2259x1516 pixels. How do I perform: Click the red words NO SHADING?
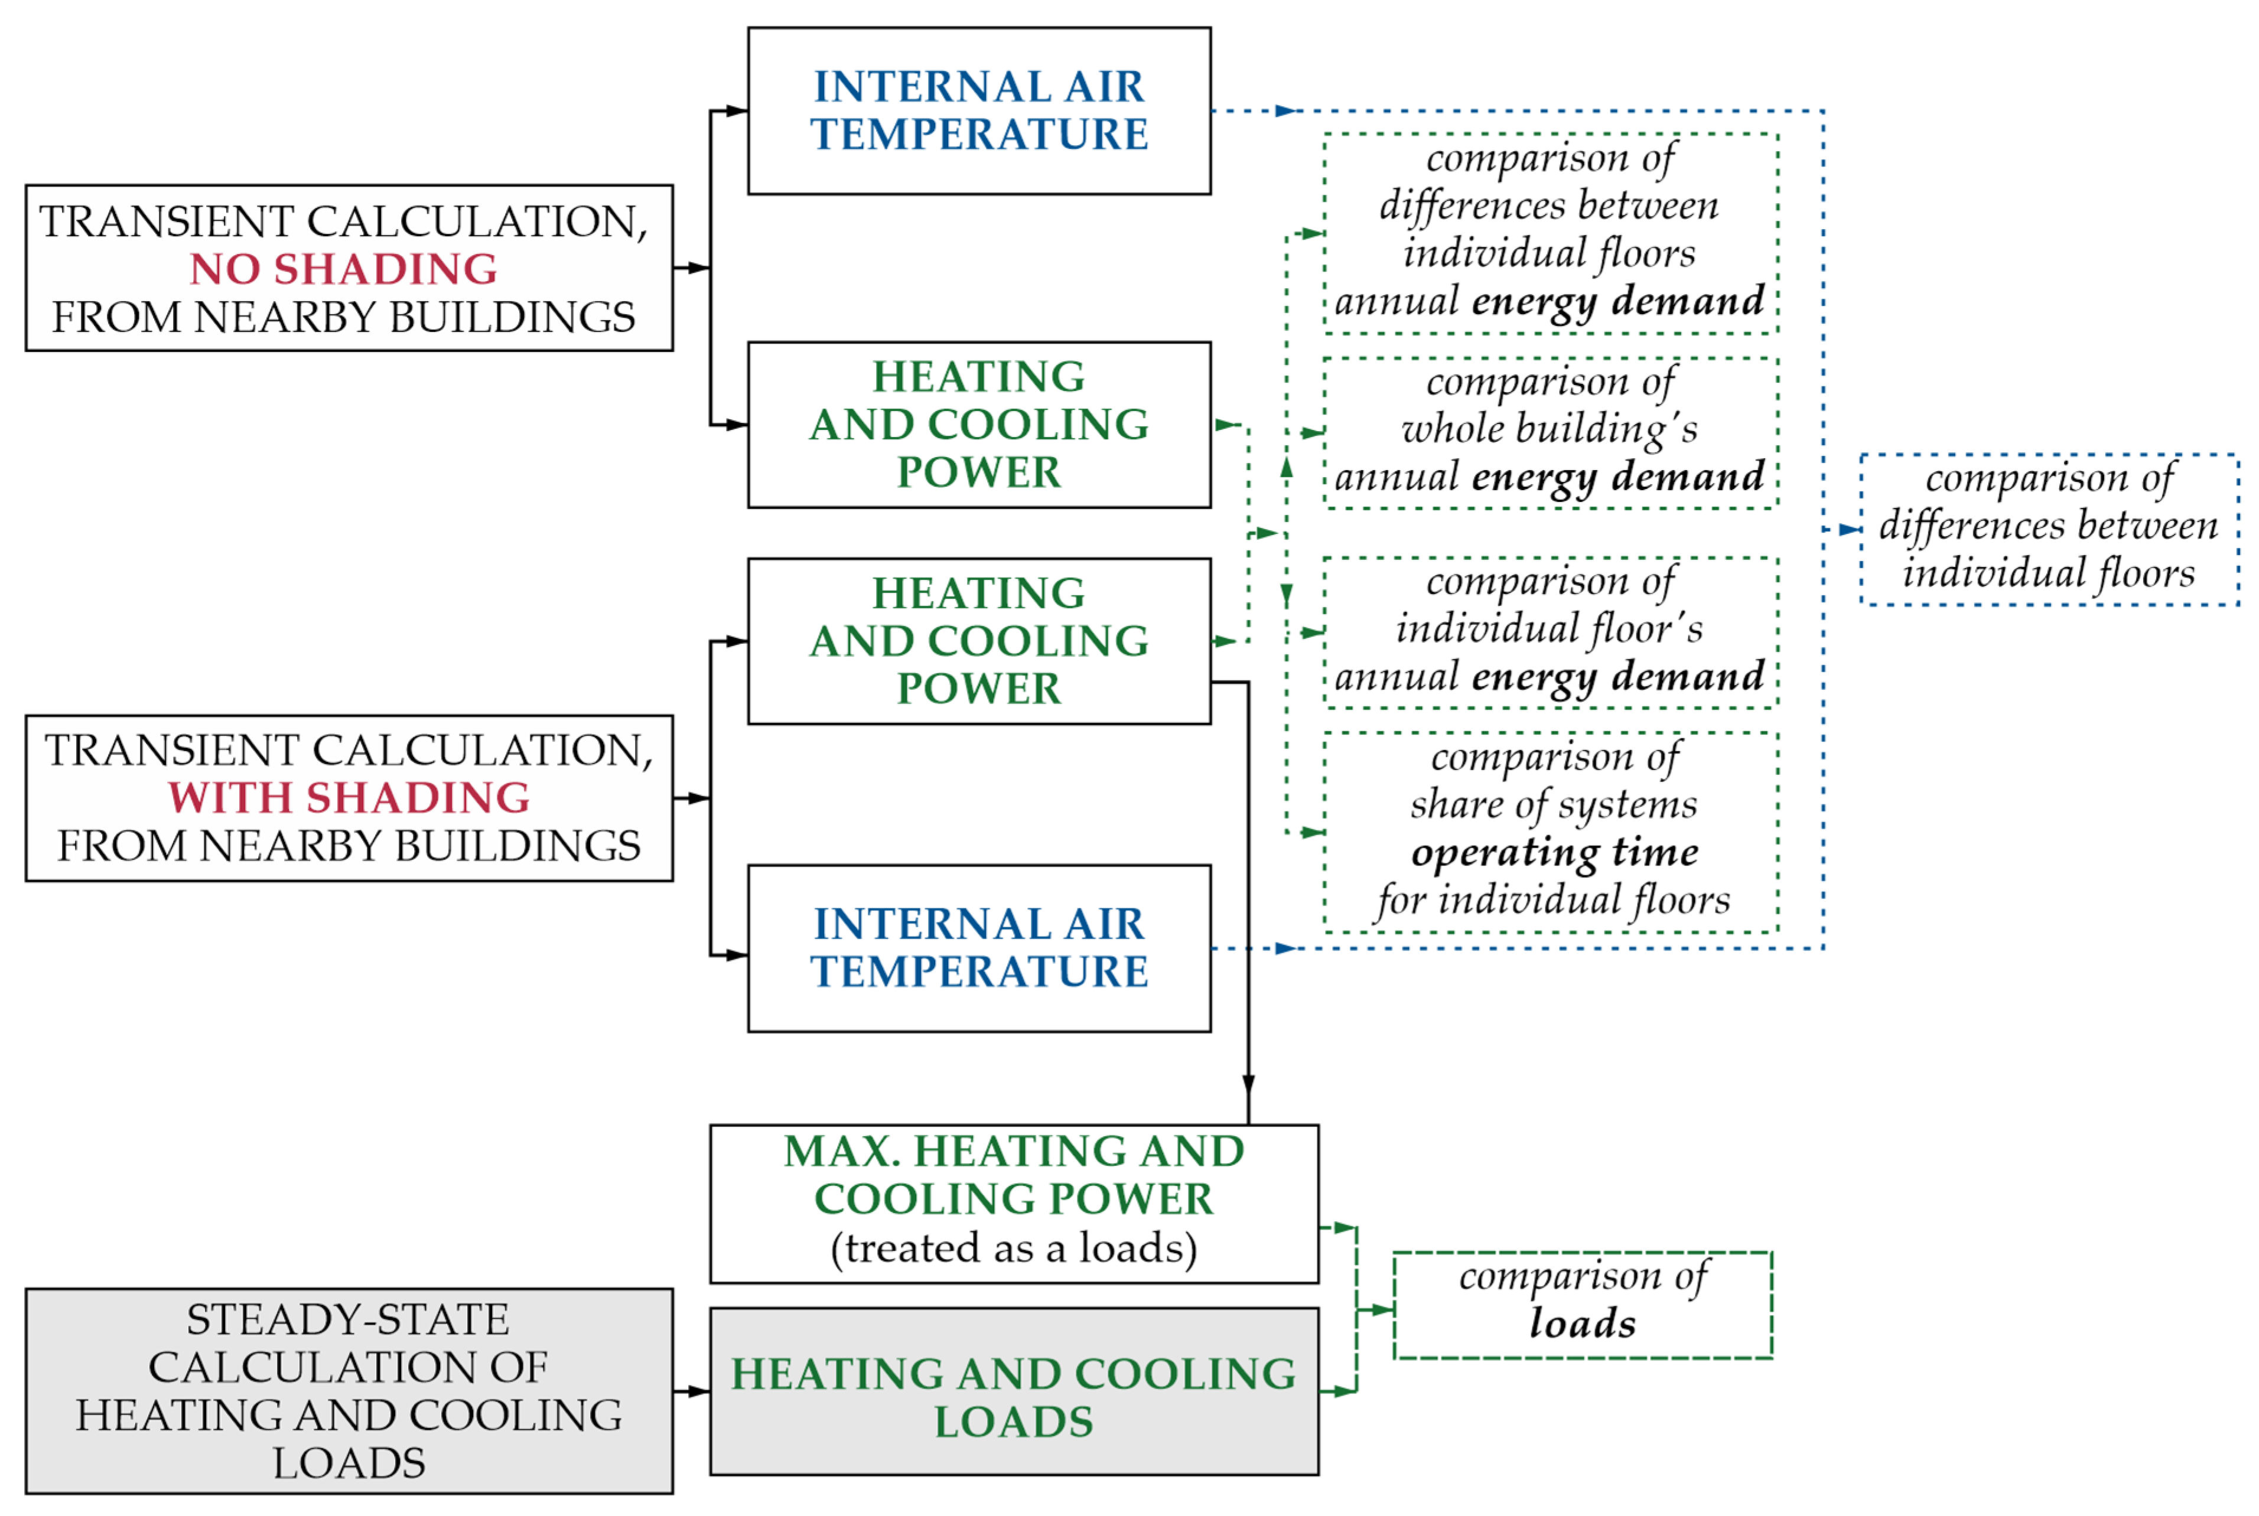click(x=343, y=269)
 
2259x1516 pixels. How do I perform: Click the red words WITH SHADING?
click(x=348, y=798)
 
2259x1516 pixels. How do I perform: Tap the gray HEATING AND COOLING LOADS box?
click(x=1014, y=1392)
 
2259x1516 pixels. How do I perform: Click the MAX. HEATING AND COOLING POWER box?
click(x=1014, y=1203)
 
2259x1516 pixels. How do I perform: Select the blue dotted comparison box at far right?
click(x=2049, y=529)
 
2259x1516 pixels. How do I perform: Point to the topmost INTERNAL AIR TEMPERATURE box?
click(x=979, y=110)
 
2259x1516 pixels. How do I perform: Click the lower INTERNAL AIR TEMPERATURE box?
click(x=979, y=947)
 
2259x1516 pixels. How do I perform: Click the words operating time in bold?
click(x=1554, y=852)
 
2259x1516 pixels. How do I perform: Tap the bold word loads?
click(x=1582, y=1323)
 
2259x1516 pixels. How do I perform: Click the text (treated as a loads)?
click(x=1014, y=1248)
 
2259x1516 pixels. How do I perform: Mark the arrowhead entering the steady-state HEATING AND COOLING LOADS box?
click(x=698, y=1391)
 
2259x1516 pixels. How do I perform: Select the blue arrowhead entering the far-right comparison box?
click(x=1849, y=529)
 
